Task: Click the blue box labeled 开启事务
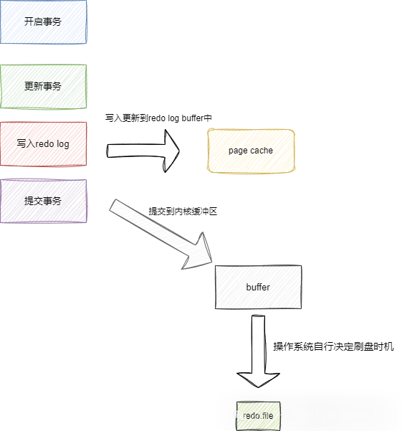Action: pos(44,22)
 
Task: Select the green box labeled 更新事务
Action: pos(44,87)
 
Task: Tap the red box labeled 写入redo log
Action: pos(44,144)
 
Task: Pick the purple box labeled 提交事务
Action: pos(44,201)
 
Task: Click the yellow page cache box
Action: pos(251,151)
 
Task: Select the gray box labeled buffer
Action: pos(258,287)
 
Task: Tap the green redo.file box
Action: pos(259,416)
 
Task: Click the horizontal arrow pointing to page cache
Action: pos(143,151)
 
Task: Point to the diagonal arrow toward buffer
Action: pos(161,235)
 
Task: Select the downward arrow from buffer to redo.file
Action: pos(259,351)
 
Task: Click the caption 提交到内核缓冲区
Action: pos(183,212)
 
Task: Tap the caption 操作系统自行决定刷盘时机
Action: pos(333,346)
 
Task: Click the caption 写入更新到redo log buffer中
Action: pos(158,118)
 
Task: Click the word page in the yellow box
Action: pos(239,151)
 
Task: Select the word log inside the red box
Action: pos(63,144)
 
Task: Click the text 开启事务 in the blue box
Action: pos(43,22)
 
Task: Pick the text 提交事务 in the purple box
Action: pos(43,201)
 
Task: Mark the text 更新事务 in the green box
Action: pos(43,86)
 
